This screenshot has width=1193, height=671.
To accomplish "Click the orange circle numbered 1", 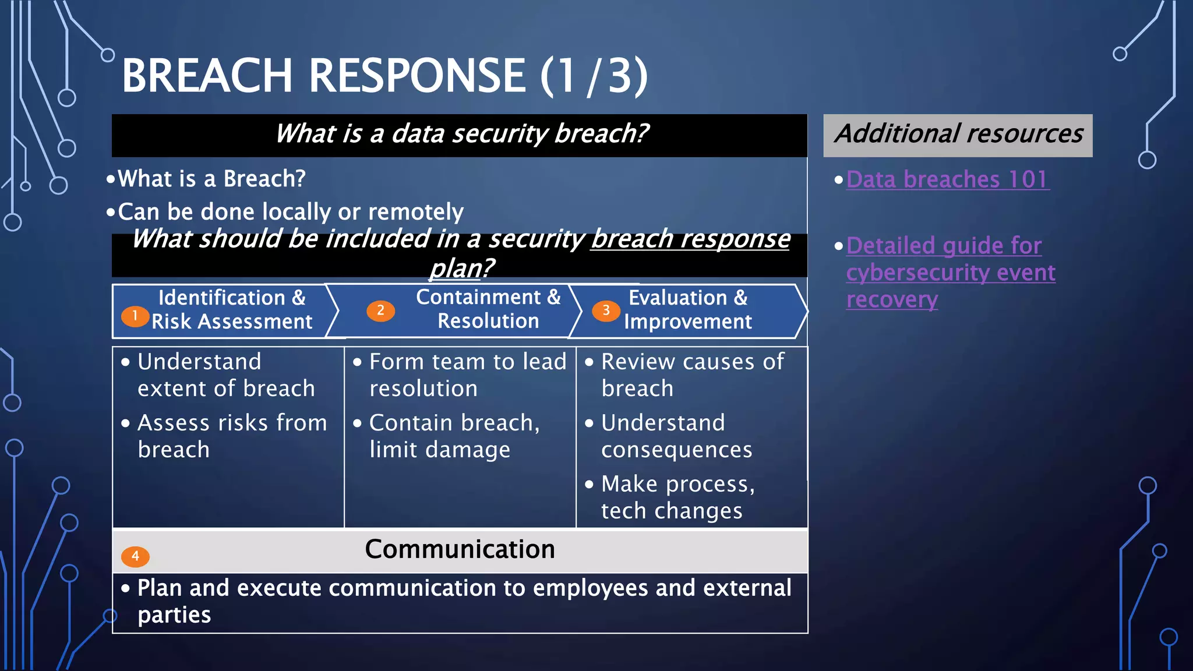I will [135, 316].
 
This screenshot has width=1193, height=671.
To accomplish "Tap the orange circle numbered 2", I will [380, 310].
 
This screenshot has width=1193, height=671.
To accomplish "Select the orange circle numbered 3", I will [606, 310].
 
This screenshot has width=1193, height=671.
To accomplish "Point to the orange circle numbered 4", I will [135, 556].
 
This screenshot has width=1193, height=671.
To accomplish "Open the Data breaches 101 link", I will [947, 179].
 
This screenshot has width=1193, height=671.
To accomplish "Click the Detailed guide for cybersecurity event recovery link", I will [950, 273].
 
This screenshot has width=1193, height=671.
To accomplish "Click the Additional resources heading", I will [958, 135].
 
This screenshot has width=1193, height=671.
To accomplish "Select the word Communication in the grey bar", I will [460, 549].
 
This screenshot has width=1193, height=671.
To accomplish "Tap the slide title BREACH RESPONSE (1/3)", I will [384, 76].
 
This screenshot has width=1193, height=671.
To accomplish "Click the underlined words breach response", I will [690, 239].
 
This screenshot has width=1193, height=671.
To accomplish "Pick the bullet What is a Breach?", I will [211, 179].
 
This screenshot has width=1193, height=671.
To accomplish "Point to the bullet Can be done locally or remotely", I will [290, 212].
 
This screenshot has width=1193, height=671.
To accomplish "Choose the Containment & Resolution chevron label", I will [488, 309].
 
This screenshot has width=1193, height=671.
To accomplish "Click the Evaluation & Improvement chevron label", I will [688, 310].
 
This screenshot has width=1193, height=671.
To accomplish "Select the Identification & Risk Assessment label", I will [232, 310].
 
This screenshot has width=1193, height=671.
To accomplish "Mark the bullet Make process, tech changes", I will [677, 497].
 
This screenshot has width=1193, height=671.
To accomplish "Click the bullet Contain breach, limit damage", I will [454, 436].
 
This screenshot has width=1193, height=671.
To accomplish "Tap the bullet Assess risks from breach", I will [232, 436].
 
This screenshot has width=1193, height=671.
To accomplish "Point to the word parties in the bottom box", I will [174, 615].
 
